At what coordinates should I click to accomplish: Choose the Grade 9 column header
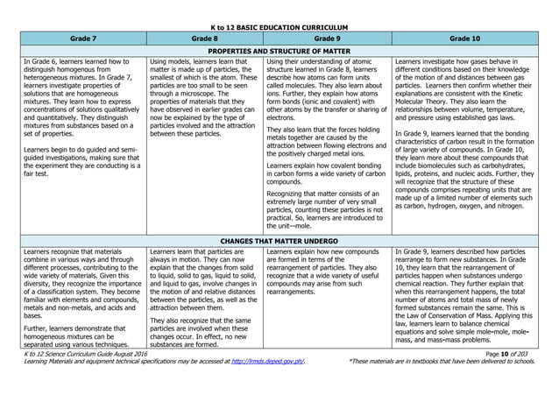click(326, 39)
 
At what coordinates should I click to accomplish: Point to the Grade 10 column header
click(465, 39)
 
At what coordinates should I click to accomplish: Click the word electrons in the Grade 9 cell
click(282, 116)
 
